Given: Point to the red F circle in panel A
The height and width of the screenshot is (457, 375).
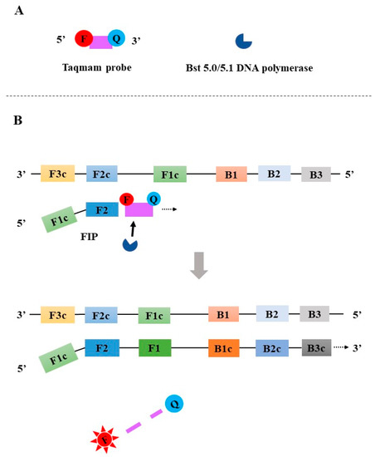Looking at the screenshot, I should [x=83, y=38].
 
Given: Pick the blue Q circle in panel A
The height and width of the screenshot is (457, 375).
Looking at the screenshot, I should [x=118, y=38].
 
